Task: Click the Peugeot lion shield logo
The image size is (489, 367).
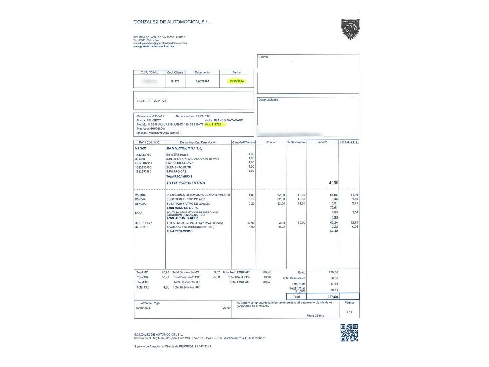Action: pos(350,29)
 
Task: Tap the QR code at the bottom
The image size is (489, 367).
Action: pos(349,332)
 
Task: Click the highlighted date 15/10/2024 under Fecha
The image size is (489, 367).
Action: pos(236,81)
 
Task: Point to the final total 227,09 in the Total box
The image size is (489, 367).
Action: pos(332,297)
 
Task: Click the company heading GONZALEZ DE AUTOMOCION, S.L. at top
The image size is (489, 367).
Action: pos(171,22)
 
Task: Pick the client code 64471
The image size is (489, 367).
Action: pos(175,81)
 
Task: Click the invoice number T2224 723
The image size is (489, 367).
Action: pos(159,101)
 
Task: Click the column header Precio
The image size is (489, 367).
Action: pos(271,142)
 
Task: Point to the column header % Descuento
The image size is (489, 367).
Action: pos(296,142)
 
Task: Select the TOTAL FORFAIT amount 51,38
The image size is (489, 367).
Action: pos(333,183)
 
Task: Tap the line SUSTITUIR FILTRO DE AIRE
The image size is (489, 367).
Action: pos(186,199)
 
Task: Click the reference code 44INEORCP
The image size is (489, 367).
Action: pos(143,223)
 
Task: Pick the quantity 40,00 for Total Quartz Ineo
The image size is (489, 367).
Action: pos(251,223)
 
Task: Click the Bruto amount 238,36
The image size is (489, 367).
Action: pos(333,272)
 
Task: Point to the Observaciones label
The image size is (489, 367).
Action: pos(268,100)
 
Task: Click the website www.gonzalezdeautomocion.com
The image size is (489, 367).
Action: pos(153,46)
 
